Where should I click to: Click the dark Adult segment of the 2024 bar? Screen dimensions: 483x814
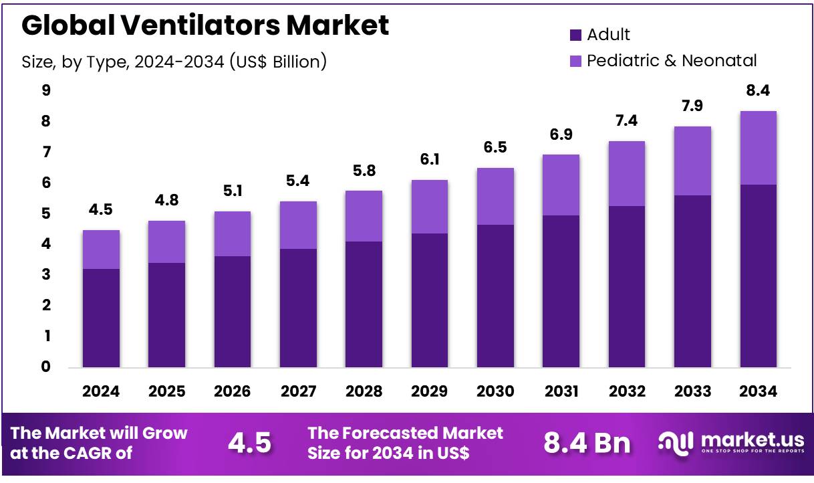pyautogui.click(x=101, y=318)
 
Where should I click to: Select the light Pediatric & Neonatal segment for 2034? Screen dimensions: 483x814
pyautogui.click(x=758, y=148)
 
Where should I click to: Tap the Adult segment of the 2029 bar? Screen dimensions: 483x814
pyautogui.click(x=429, y=300)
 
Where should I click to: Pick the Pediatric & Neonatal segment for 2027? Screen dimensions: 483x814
pyautogui.click(x=298, y=225)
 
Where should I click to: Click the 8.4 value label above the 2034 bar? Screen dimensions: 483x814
pyautogui.click(x=758, y=90)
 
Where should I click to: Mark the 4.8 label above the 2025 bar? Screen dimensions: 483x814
pyautogui.click(x=166, y=200)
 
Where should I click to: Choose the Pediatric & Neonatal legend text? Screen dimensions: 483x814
pyautogui.click(x=672, y=61)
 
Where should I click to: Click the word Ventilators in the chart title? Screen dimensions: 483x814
pyautogui.click(x=208, y=25)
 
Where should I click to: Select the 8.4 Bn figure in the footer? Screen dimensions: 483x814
pyautogui.click(x=587, y=443)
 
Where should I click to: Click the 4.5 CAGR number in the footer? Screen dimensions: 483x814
pyautogui.click(x=249, y=443)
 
